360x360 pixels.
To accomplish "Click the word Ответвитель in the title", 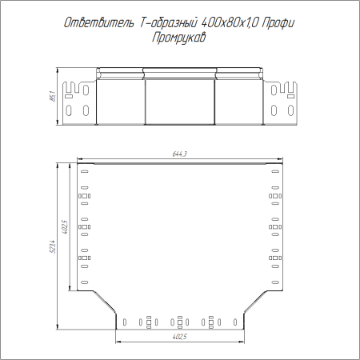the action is click(99, 23).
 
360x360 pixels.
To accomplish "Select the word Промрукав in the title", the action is click(179, 38).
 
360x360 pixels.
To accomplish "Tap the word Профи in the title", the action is click(278, 23).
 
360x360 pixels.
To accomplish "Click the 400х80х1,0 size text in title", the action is click(230, 23).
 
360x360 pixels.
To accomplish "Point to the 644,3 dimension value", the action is click(180, 154).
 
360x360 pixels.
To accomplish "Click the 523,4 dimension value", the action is click(53, 246).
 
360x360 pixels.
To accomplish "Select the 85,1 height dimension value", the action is click(53, 96).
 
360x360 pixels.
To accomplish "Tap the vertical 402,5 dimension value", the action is click(65, 227).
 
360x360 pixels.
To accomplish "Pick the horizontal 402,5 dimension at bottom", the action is click(180, 337).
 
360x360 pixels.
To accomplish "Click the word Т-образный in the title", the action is click(168, 23).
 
